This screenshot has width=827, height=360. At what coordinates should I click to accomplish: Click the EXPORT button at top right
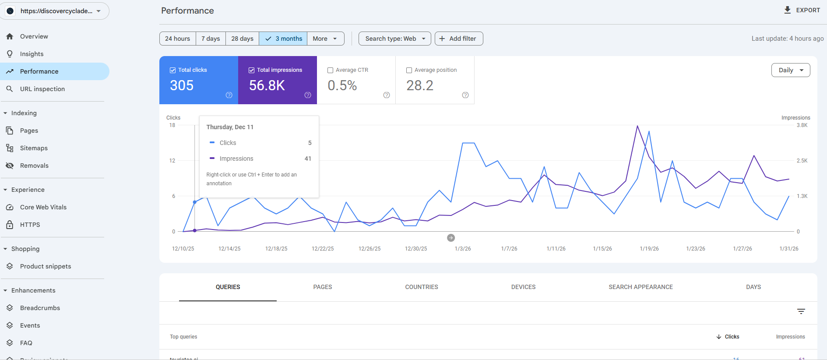coord(802,10)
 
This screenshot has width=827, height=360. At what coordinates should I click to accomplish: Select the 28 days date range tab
coord(242,39)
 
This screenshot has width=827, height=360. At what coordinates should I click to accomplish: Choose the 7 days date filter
coord(211,39)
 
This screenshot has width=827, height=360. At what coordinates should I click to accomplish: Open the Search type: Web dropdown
coord(394,39)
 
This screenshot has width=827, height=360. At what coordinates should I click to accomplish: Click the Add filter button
coord(458,39)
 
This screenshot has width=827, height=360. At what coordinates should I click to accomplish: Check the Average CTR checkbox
coord(331,70)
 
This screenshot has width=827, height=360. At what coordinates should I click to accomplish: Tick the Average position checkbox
coord(409,70)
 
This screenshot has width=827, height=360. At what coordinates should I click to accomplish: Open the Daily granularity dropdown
coord(790,70)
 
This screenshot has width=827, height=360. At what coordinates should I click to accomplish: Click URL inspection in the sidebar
coord(42,89)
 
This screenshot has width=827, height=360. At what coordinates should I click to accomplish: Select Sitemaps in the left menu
coord(34,148)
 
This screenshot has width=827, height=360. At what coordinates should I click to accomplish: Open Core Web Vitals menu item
coord(43,207)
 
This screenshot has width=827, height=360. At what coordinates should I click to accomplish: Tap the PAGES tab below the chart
coord(323,287)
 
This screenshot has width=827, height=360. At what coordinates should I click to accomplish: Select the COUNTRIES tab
coord(422,287)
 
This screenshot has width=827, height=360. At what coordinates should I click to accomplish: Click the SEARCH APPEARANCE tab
coord(640,287)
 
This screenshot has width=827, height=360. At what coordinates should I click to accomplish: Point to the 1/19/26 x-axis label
coord(649,249)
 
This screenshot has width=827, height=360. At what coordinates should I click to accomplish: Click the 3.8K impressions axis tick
coord(802,125)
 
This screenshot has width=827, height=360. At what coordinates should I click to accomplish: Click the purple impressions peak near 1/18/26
coord(637,126)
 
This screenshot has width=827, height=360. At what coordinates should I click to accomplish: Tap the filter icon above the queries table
coord(801,311)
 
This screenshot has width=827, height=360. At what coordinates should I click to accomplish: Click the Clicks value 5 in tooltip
coord(310,143)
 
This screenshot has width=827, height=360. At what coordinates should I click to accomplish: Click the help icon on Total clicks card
coord(229,95)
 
